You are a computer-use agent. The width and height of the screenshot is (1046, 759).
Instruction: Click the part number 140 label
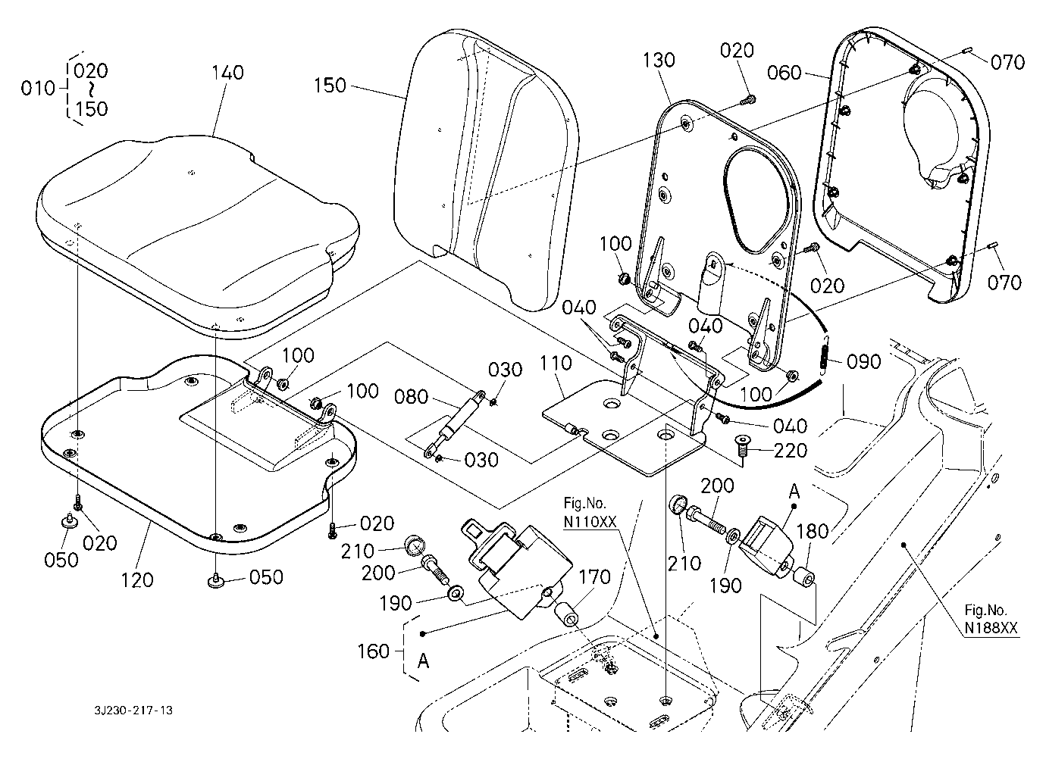tap(228, 72)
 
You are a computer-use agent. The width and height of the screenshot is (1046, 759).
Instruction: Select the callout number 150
tap(330, 86)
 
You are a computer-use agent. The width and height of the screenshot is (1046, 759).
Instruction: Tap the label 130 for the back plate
tap(658, 60)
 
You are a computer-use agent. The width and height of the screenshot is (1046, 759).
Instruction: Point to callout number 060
tap(784, 73)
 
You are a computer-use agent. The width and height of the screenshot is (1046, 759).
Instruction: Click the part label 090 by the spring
tap(864, 362)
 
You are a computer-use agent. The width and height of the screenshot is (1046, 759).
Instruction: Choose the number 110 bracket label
tap(556, 364)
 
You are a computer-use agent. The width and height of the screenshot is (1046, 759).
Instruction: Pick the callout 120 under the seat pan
tap(137, 580)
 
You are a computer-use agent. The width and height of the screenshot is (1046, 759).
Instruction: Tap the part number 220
tap(791, 451)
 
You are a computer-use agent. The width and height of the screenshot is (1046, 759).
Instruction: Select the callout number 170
tap(594, 578)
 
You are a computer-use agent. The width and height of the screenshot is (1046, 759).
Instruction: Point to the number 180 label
tap(813, 531)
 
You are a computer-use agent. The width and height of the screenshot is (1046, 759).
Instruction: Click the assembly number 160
tap(373, 651)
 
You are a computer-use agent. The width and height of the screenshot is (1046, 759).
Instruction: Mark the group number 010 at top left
tap(38, 89)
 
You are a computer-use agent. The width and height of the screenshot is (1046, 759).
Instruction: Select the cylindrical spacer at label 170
tap(569, 613)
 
